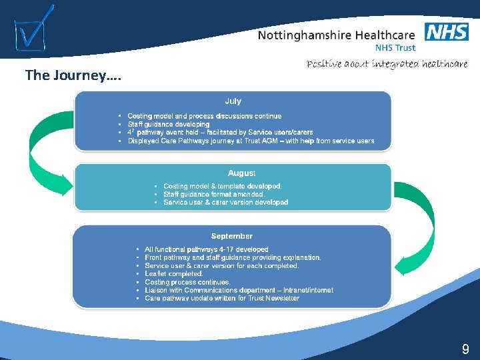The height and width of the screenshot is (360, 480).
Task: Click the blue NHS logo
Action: pos(446,31)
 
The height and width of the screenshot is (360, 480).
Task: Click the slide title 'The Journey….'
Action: pos(65,75)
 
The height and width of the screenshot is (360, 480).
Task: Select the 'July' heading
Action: pos(233,101)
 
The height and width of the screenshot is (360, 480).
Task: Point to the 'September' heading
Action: pos(231,236)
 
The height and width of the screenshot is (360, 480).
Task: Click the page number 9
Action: pos(465,349)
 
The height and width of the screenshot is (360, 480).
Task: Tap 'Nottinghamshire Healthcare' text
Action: pos(336,35)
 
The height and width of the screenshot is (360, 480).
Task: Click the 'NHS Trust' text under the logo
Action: pos(395,48)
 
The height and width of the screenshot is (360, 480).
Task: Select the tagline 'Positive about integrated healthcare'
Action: pos(387,64)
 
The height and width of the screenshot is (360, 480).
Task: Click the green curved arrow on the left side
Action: pos(41,150)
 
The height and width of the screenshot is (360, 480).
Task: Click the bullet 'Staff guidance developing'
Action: pos(168,124)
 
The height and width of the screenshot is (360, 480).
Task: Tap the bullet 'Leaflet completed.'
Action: pos(173,273)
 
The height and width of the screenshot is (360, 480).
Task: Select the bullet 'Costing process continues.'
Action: pos(187,282)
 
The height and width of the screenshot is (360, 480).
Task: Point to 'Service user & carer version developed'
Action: pos(225,202)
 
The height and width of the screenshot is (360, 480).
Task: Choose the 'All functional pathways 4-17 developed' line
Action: pos(206,249)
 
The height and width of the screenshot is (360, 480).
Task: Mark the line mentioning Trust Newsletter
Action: pos(221,298)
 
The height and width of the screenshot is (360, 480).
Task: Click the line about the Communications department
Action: pos(239,290)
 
